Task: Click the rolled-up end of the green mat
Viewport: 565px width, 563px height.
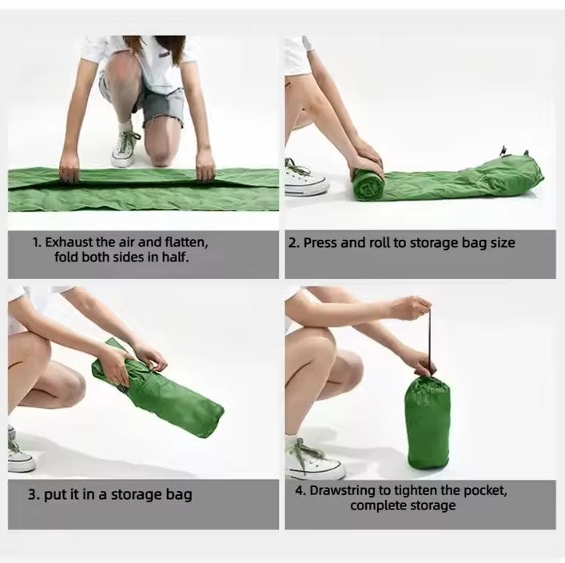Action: point(368,184)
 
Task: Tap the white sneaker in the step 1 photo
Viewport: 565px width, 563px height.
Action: point(125,149)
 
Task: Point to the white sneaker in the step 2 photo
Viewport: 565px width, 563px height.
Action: point(305,178)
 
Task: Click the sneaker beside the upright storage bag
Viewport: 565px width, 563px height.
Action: point(314,458)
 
